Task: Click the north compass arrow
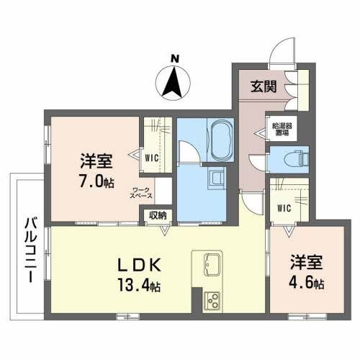[x=173, y=81]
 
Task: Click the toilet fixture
[x=297, y=158]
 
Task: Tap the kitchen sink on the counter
[x=211, y=265]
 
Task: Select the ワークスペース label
[x=140, y=192]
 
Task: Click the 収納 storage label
[x=158, y=214]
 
